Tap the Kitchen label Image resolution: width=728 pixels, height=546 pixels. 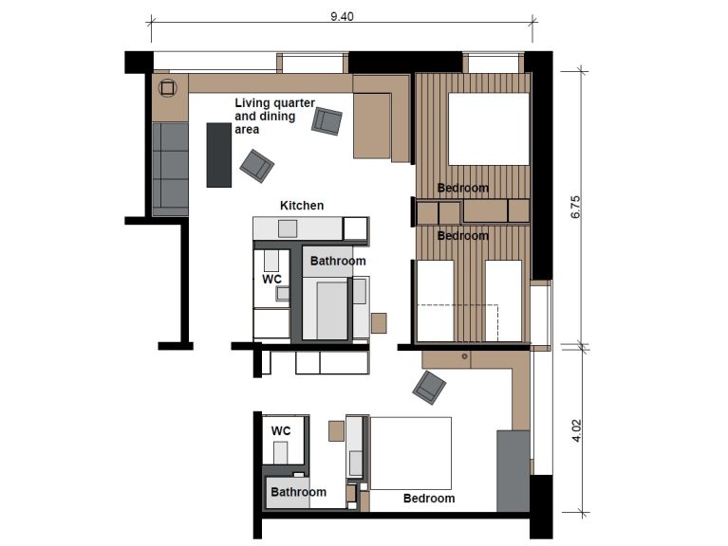tap(302, 206)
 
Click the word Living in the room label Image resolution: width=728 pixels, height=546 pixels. tap(255, 102)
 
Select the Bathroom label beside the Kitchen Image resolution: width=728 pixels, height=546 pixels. tap(338, 261)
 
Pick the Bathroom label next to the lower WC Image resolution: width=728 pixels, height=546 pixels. tap(298, 492)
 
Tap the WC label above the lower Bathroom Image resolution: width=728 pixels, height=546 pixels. tap(281, 430)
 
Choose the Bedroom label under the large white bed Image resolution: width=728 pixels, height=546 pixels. tap(462, 188)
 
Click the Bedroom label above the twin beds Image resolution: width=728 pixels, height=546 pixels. tap(462, 235)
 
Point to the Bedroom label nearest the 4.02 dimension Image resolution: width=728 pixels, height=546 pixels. tap(429, 498)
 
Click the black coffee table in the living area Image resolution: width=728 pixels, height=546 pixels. tap(219, 154)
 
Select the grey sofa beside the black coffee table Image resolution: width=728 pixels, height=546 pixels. tap(172, 167)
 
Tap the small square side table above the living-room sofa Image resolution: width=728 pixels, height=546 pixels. tap(168, 88)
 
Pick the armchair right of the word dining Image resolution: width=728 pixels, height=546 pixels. tap(327, 121)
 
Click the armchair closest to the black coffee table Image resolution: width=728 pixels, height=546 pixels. tap(257, 166)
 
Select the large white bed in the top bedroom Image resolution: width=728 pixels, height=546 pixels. tap(488, 130)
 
